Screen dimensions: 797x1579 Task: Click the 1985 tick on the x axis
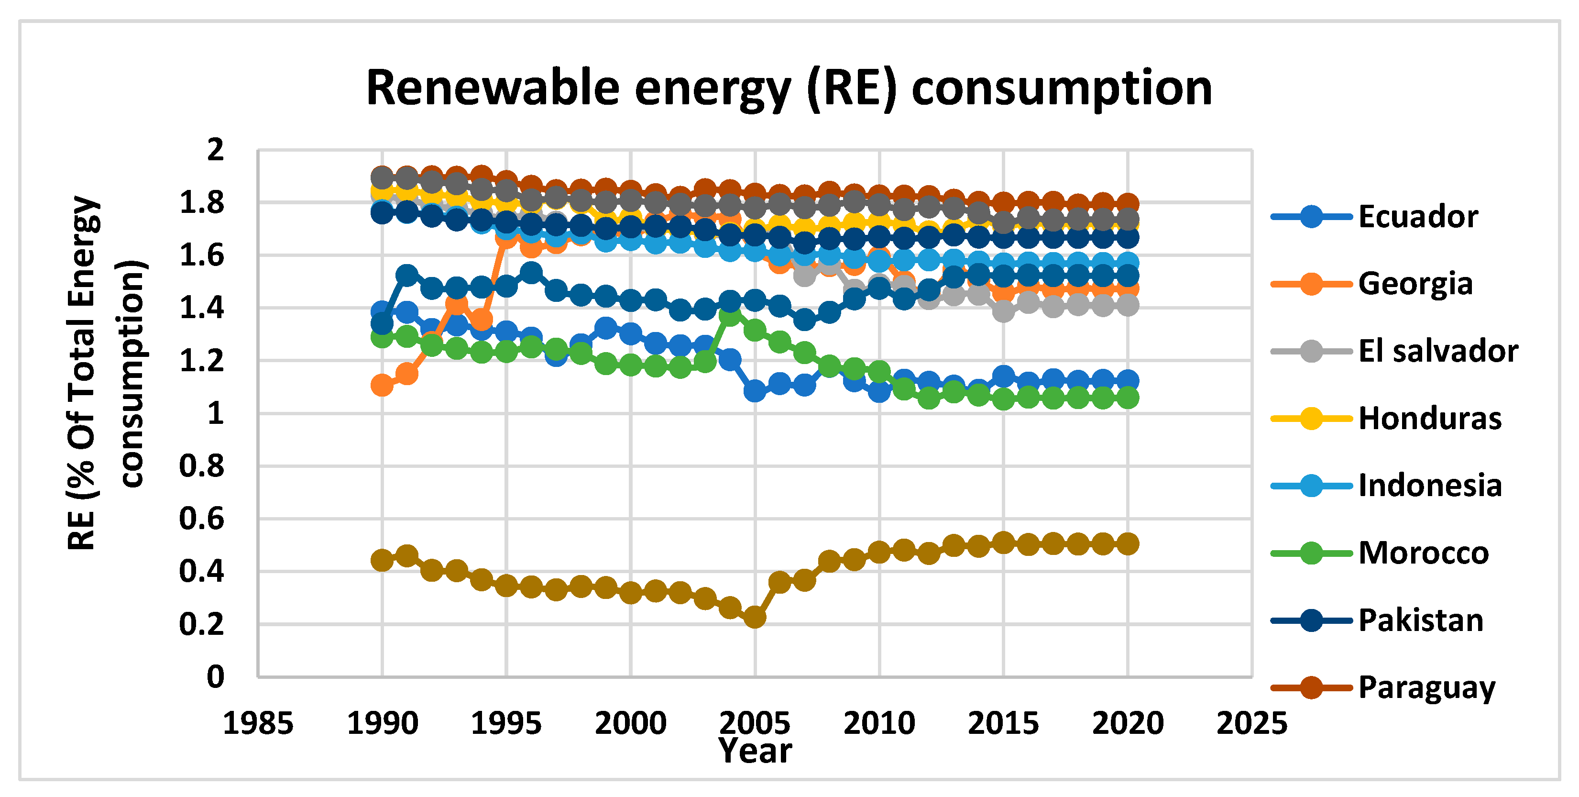pos(258,723)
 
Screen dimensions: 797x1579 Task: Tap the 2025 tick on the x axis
pos(1252,723)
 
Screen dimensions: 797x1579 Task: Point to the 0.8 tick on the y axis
pos(202,466)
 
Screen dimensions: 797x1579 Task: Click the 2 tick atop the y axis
pos(215,150)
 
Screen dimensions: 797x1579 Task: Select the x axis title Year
pos(755,751)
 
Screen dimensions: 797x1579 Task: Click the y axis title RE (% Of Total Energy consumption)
pos(104,373)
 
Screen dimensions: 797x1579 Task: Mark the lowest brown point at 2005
pos(755,617)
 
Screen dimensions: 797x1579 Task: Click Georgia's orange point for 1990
pos(382,385)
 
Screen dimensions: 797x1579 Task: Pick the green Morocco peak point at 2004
pos(730,316)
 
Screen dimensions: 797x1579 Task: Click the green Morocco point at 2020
pos(1128,398)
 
